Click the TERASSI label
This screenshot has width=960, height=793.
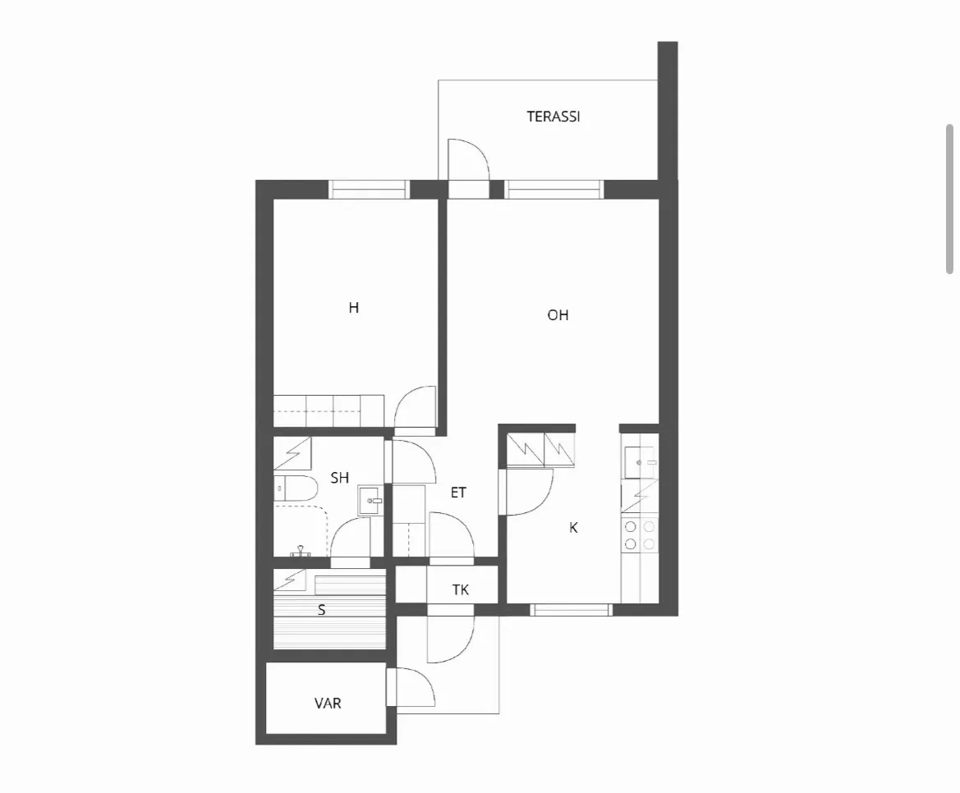tap(553, 117)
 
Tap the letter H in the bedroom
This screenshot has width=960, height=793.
tap(354, 307)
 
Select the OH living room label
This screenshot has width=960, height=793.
tap(558, 315)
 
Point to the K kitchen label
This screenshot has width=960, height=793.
tap(574, 528)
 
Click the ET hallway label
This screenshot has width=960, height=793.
tap(458, 493)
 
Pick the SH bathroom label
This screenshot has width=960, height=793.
tap(340, 477)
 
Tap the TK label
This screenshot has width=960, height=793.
tap(461, 590)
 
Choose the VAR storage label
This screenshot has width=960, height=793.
tap(328, 704)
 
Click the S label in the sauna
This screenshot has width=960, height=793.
tap(321, 610)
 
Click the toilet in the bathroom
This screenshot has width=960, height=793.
tap(295, 488)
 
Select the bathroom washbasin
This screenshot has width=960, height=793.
tap(370, 501)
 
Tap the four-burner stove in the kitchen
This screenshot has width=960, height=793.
tap(640, 535)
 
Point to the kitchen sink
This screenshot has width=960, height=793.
tap(641, 463)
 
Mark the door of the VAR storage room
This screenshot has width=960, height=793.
tap(411, 687)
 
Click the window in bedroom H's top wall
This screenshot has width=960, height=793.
tap(369, 190)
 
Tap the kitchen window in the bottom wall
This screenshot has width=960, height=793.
tap(571, 609)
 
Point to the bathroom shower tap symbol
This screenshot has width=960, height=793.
tap(300, 551)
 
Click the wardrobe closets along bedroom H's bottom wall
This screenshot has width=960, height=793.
tap(328, 410)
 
